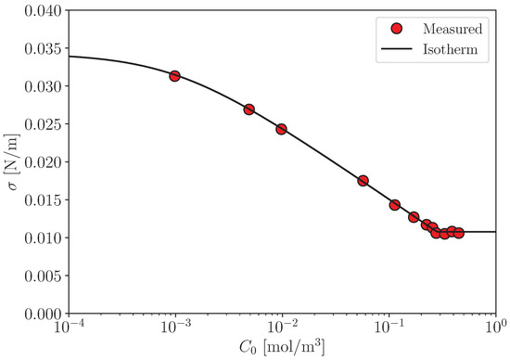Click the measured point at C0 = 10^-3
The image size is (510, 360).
click(174, 76)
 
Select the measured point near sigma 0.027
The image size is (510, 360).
click(249, 109)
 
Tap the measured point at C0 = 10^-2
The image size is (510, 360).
click(281, 129)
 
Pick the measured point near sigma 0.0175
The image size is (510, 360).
click(363, 181)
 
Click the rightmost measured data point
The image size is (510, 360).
click(459, 233)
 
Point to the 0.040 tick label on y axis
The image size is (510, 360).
click(43, 11)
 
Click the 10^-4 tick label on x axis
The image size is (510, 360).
click(68, 328)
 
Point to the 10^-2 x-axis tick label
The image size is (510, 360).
click(282, 328)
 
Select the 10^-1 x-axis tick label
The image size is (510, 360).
click(389, 328)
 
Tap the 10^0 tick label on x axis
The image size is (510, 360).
click(496, 328)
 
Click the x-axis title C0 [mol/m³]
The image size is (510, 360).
click(282, 348)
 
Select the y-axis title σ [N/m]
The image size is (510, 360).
click(12, 162)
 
